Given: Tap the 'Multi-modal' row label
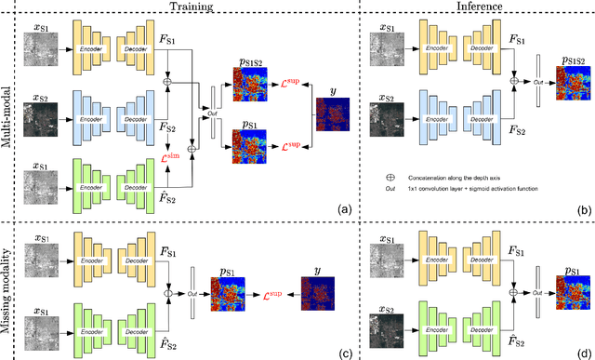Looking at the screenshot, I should point(8,112).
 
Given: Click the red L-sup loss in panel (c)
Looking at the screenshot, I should point(270,290).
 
